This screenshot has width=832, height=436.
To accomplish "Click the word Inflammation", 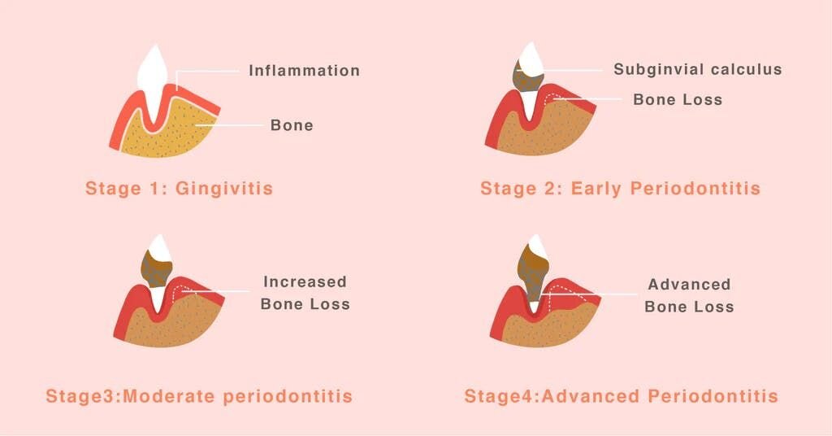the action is tap(304, 70).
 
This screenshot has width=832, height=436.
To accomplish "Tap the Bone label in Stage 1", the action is tap(292, 124).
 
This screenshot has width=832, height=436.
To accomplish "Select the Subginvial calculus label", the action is tap(698, 69).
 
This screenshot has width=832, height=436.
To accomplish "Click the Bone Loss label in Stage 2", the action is tap(678, 99).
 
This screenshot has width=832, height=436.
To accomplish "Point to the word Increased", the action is tap(305, 281).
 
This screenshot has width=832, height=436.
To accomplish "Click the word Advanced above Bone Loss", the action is tap(689, 284).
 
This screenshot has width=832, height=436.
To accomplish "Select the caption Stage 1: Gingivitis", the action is tap(180, 188).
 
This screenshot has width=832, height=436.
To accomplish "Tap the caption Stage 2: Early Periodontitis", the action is tap(620, 188).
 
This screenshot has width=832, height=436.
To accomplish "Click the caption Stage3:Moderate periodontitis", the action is tap(200, 396).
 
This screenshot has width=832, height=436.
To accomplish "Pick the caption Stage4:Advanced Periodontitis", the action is tap(622, 396).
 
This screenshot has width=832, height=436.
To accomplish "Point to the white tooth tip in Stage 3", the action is tap(159, 247).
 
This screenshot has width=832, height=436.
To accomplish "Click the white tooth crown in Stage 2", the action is tap(531, 58).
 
